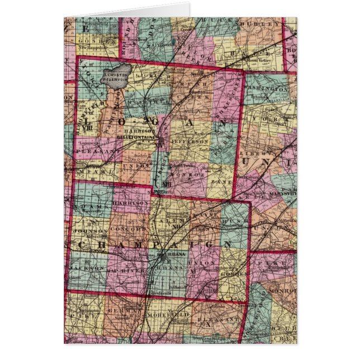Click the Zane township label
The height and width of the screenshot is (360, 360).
coord(221,182)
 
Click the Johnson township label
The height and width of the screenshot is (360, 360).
coord(88,230)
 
